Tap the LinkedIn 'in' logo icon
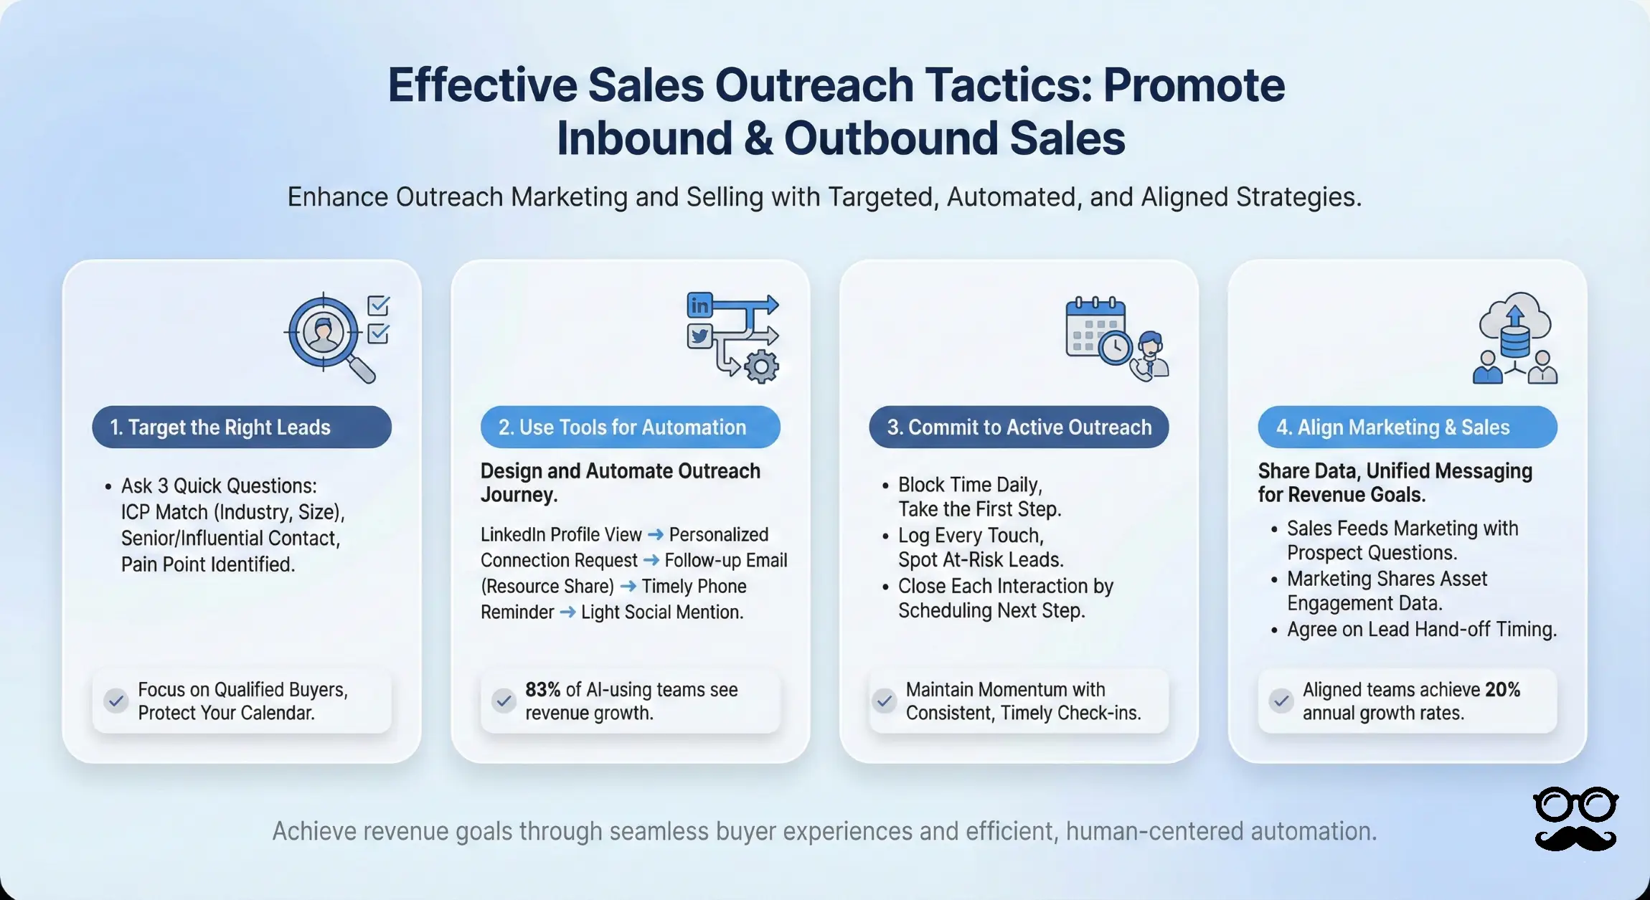[699, 305]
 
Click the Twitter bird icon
[699, 336]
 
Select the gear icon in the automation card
[761, 366]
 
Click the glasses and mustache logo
[1575, 819]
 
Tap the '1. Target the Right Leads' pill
[242, 427]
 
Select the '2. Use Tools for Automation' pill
[630, 427]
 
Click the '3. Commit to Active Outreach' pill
[1019, 427]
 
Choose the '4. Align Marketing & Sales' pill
[1408, 427]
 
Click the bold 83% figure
[542, 690]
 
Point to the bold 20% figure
[1503, 690]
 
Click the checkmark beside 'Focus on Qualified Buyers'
[116, 701]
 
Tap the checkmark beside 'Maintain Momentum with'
[885, 701]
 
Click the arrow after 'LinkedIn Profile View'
[655, 535]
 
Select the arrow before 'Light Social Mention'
[567, 612]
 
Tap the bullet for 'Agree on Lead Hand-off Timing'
[1274, 631]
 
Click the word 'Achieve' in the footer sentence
[314, 831]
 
